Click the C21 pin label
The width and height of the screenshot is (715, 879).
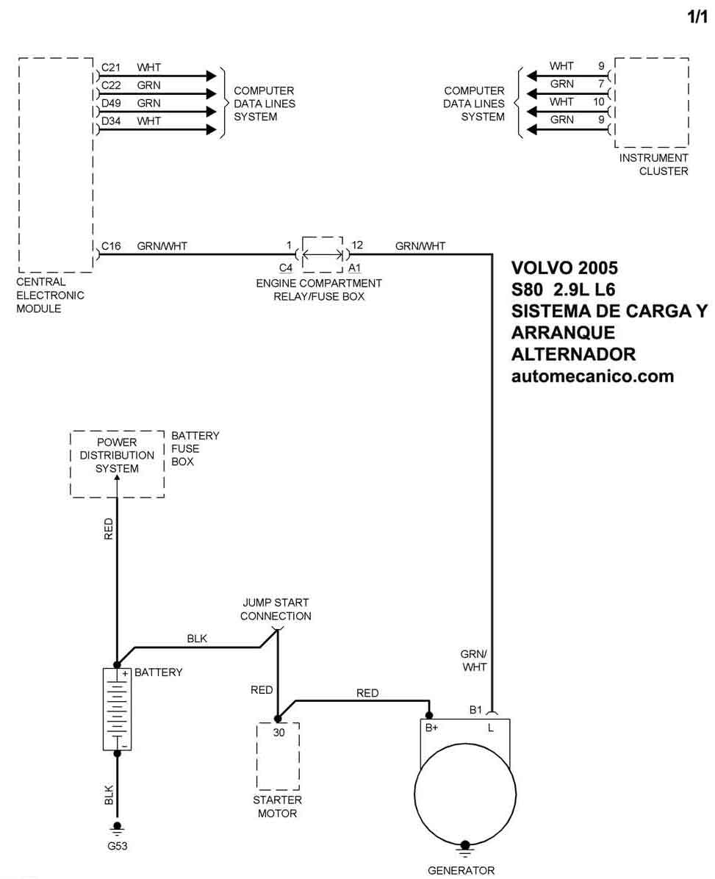pos(111,68)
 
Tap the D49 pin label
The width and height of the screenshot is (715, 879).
pos(111,103)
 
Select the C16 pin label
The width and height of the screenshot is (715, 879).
pos(111,246)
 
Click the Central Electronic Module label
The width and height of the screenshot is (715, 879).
pos(50,295)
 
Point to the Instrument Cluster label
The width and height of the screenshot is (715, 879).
pos(653,164)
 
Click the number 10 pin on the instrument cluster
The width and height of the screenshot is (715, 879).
pos(598,102)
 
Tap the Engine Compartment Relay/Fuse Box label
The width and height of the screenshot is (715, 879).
pos(319,290)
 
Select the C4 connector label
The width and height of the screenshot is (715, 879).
pos(286,268)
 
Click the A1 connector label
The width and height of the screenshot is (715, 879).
pos(355,268)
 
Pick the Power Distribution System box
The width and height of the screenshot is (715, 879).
pos(117,464)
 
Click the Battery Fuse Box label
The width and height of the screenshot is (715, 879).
pos(195,448)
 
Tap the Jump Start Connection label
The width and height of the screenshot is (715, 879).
pos(276,609)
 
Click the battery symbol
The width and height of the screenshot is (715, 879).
pos(117,709)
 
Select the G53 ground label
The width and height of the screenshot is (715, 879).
pos(117,846)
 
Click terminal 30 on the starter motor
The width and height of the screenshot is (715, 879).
pos(279,733)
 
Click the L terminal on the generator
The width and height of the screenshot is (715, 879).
pos(490,728)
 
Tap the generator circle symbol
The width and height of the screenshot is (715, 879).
pos(465,794)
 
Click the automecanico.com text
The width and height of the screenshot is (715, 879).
pos(592,376)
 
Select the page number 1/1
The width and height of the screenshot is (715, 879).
pos(697,17)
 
